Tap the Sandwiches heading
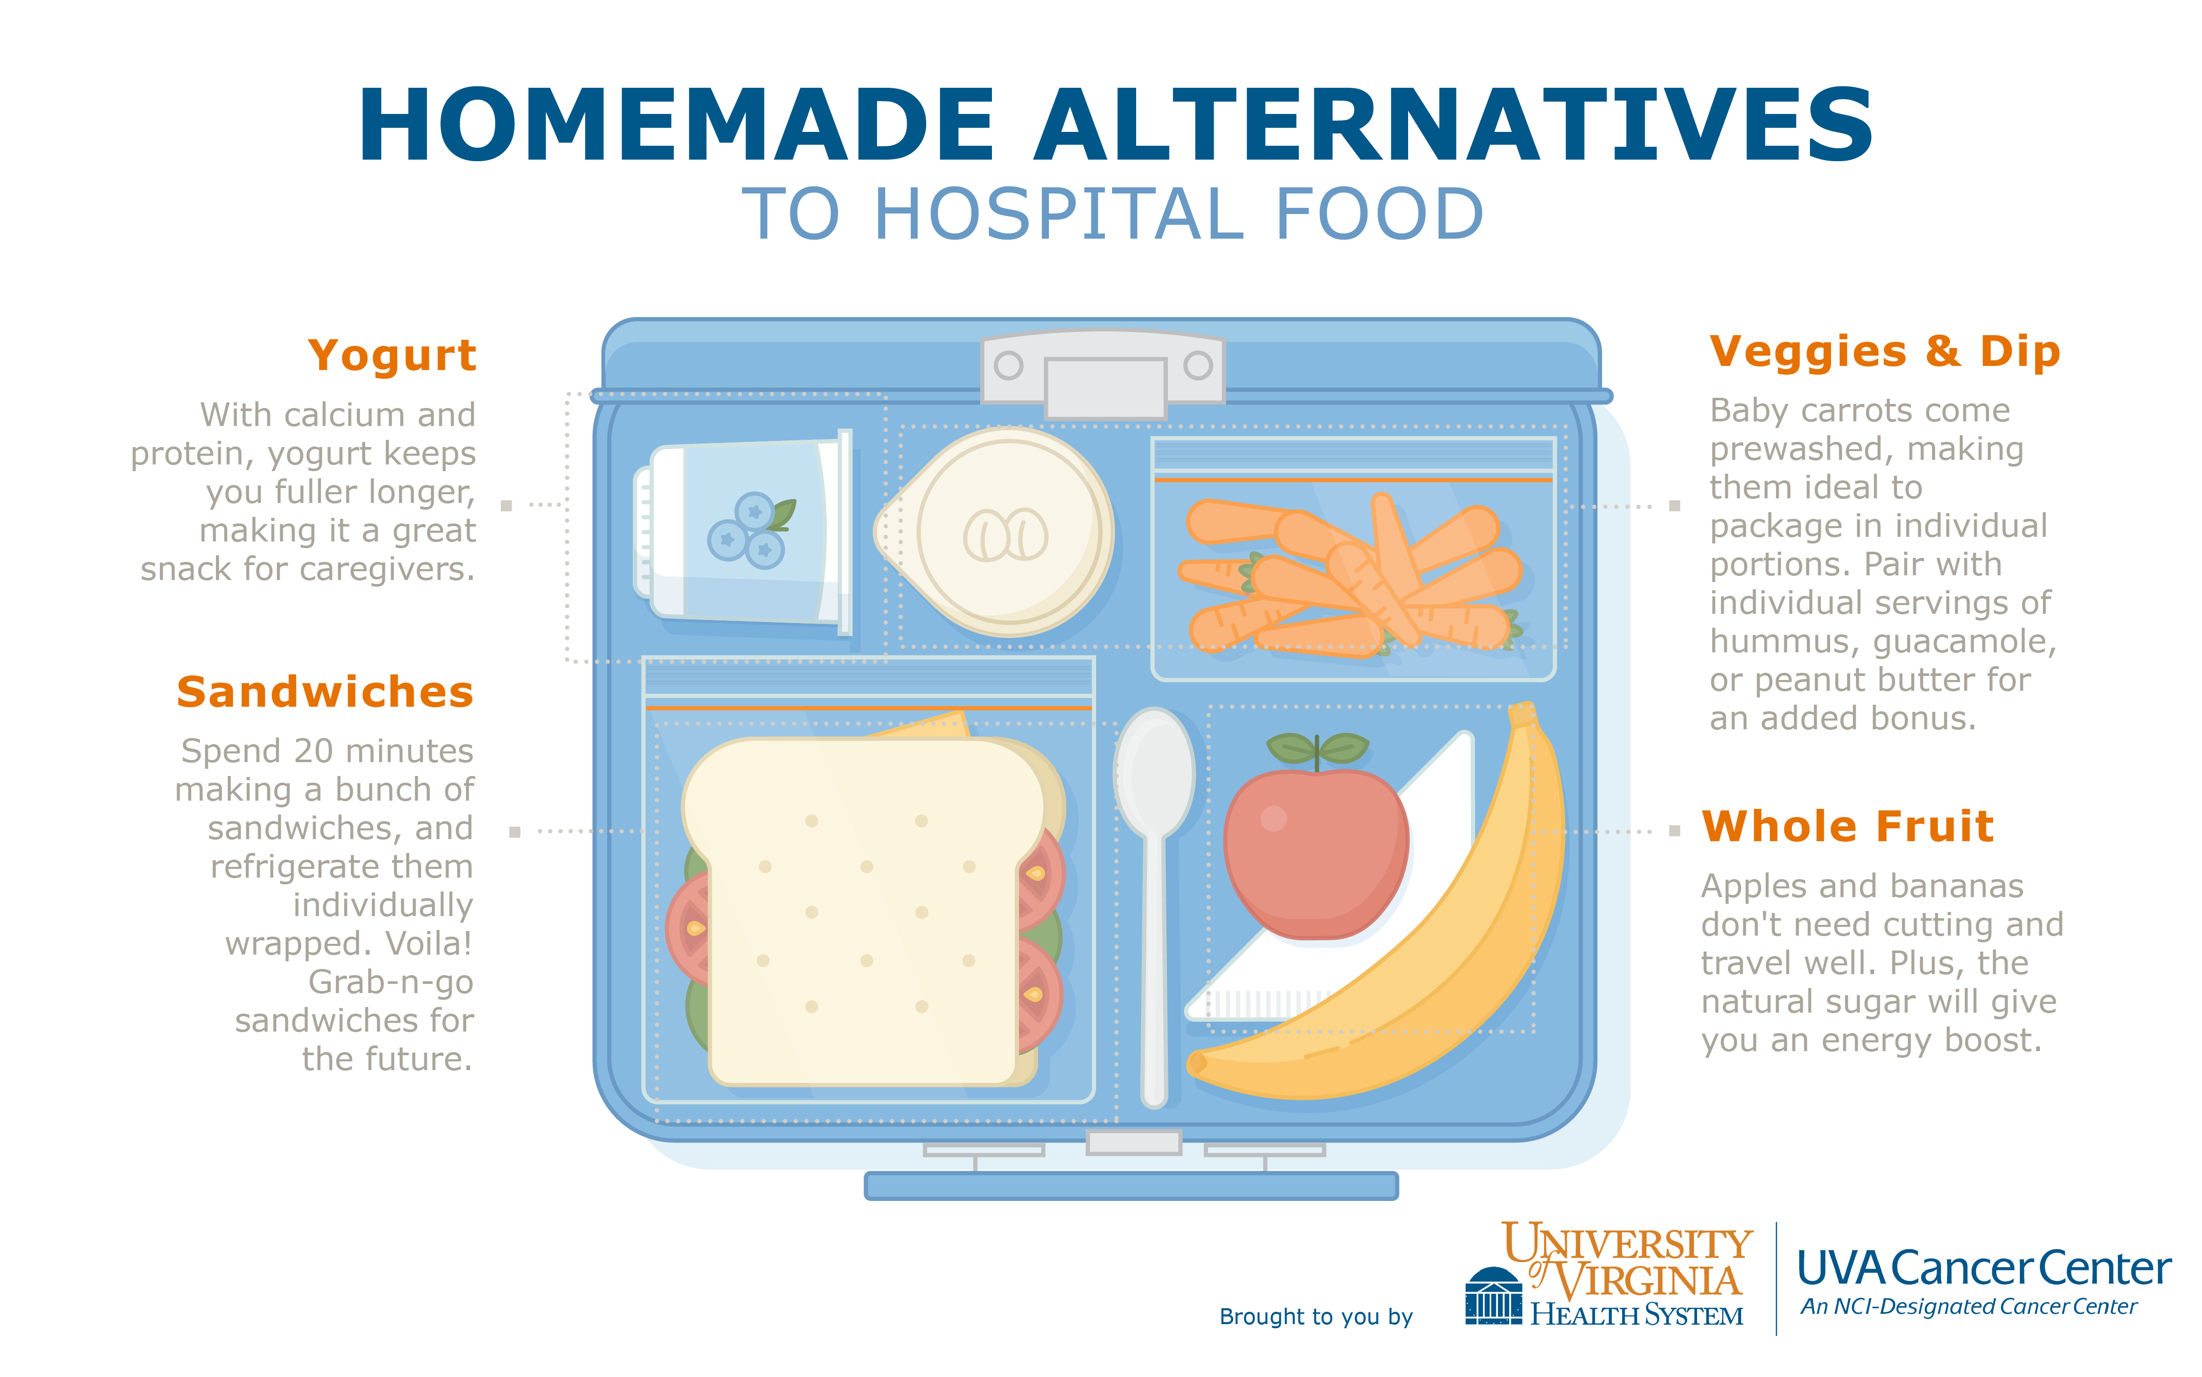(x=325, y=692)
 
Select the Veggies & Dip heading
(x=1884, y=352)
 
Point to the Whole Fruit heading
(x=1848, y=827)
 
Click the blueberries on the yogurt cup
(x=749, y=531)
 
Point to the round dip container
(x=997, y=533)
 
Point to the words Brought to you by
(x=1316, y=1317)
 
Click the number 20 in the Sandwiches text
(x=313, y=751)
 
